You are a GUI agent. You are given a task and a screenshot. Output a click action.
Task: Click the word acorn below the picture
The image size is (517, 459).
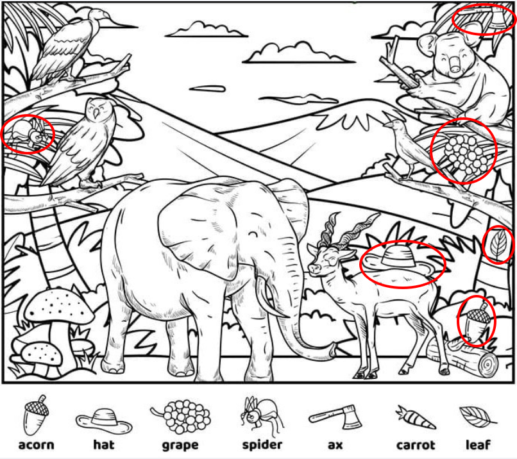click(37, 445)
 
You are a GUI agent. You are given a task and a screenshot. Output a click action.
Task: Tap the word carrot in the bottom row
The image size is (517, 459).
click(416, 445)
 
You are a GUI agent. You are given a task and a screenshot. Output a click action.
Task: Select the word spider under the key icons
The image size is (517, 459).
click(262, 445)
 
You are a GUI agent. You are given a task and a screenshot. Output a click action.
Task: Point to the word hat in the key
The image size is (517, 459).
click(104, 444)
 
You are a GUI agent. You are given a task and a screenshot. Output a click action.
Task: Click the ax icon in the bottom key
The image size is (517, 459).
click(335, 417)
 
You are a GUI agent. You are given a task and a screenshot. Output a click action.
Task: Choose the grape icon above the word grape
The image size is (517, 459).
click(181, 417)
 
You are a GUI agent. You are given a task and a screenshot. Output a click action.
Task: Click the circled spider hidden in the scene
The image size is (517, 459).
click(28, 133)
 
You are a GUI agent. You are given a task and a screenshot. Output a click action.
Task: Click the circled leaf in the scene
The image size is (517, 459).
click(498, 245)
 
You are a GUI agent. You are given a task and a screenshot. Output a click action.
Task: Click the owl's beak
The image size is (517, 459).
click(97, 113)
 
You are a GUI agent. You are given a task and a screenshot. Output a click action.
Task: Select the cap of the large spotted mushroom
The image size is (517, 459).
click(58, 306)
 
